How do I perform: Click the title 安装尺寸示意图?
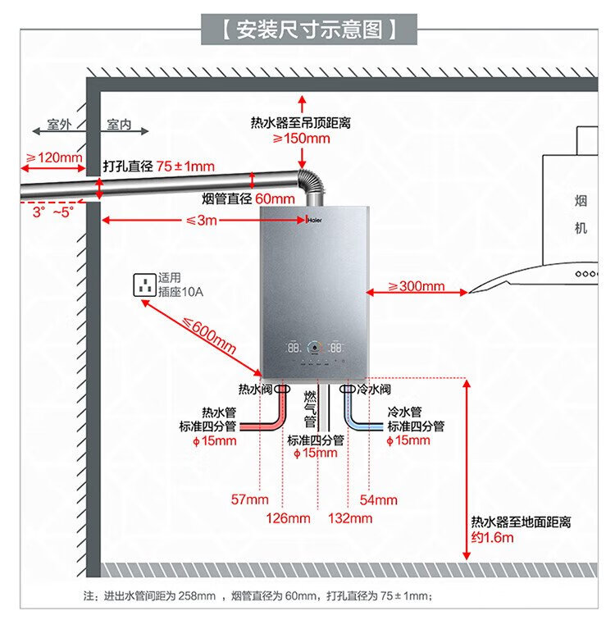tap(308, 31)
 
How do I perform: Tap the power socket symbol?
tap(145, 286)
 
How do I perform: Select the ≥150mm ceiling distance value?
tap(302, 139)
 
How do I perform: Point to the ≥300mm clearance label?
tap(416, 286)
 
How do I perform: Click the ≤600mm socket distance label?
tap(208, 335)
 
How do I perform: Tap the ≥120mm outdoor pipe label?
tap(54, 157)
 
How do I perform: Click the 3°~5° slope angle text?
tap(52, 211)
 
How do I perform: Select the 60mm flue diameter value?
tap(274, 199)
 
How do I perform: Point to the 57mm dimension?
tap(249, 499)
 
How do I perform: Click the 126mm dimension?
tap(288, 518)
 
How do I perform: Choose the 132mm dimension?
tap(350, 518)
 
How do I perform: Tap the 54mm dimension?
tap(379, 499)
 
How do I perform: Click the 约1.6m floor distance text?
tap(492, 538)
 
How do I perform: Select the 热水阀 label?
tap(254, 389)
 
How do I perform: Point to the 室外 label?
tap(59, 125)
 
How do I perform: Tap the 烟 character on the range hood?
tap(581, 201)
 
